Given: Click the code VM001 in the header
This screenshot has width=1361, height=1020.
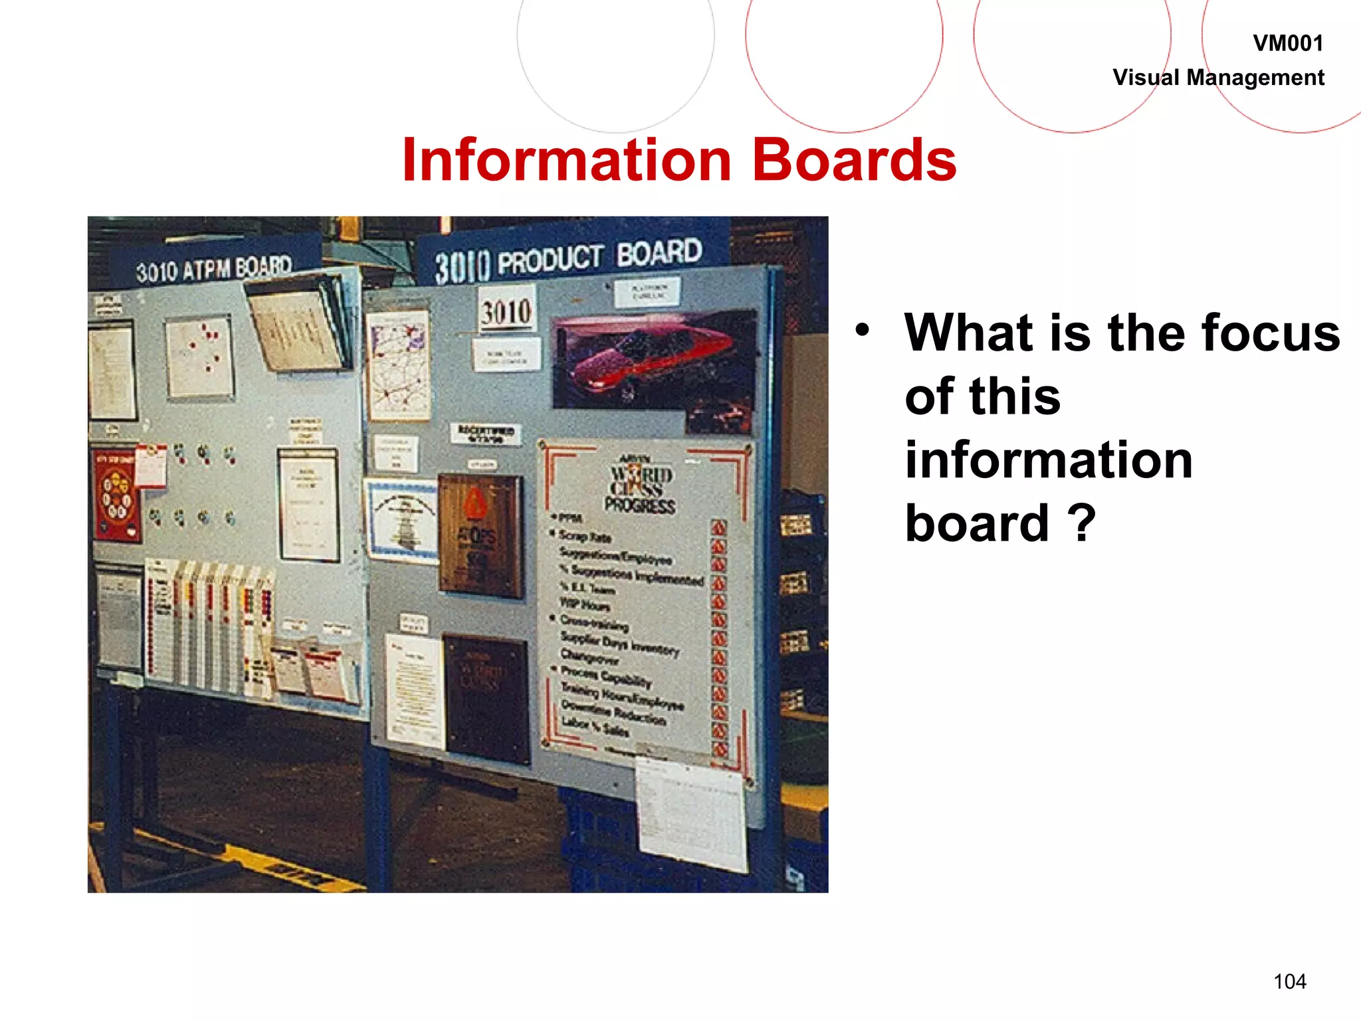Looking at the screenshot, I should coord(1287,44).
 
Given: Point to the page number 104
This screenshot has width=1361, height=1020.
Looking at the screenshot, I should coord(1289,981).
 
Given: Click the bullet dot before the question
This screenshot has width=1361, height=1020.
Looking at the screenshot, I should coord(862,329).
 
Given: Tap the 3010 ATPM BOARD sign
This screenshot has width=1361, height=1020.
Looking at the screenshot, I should coord(214,269).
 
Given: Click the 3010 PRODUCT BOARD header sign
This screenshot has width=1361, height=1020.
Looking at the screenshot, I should coord(568,259).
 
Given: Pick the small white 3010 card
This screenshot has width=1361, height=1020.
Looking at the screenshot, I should coord(507,311).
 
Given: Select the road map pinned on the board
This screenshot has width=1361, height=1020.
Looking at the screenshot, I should coord(399,365).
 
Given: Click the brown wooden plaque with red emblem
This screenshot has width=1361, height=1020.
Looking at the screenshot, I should coord(480,535).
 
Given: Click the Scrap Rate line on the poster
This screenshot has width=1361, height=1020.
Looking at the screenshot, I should coord(585,535).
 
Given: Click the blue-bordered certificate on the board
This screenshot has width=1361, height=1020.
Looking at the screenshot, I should coord(401,520).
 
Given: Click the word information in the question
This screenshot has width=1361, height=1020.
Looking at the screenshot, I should coord(1049,460).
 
